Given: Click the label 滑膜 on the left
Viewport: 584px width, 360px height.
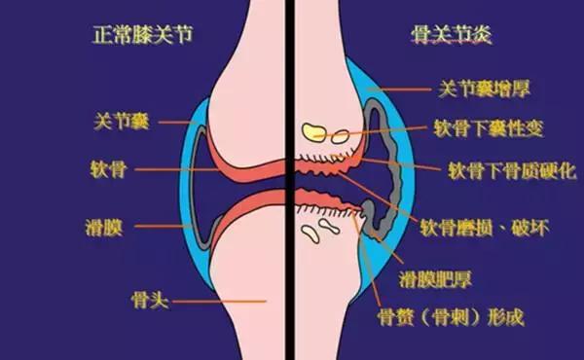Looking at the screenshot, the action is click(x=107, y=231).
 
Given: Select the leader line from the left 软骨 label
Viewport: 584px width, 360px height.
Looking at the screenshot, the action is click(x=175, y=169).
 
